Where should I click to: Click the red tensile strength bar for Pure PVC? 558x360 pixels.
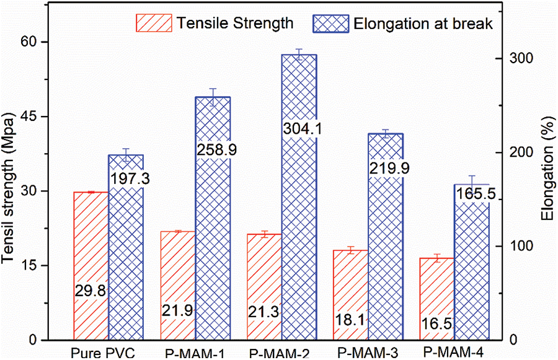[x=91, y=248]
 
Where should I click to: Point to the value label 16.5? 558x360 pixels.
[x=437, y=323]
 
